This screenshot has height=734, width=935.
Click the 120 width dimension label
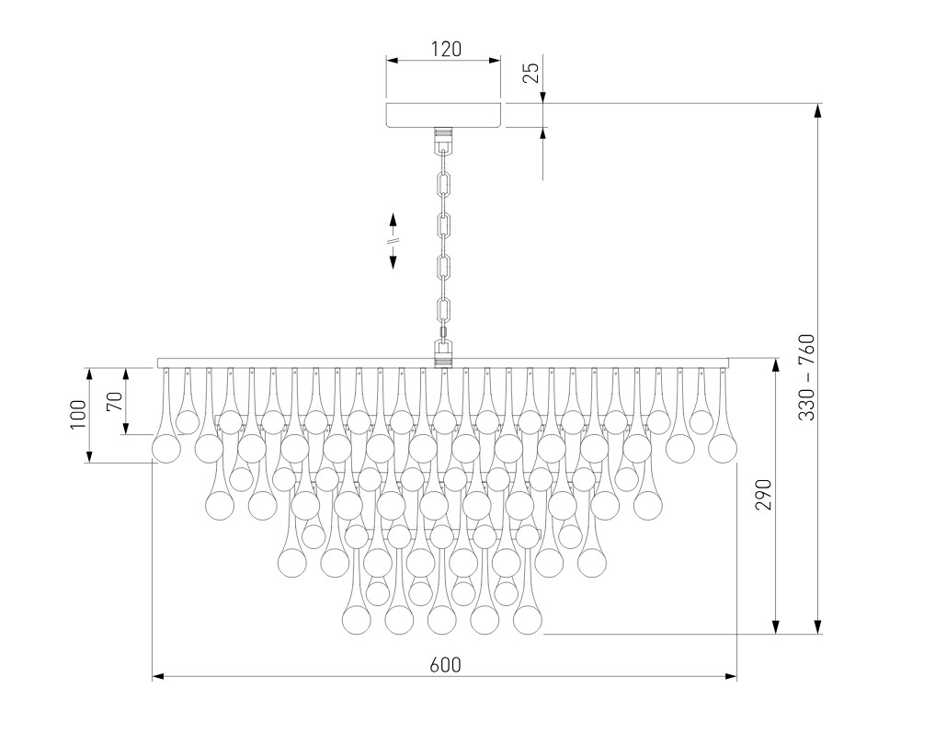click(447, 49)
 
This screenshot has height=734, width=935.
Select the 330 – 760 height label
click(806, 377)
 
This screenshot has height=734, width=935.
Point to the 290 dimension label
click(764, 494)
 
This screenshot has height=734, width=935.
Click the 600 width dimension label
click(446, 664)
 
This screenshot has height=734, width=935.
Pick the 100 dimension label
click(78, 415)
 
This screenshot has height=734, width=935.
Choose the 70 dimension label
click(115, 400)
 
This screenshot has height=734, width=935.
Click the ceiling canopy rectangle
click(444, 115)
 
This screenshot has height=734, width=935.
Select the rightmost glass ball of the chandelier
click(723, 449)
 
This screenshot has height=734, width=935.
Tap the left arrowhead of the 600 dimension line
click(158, 677)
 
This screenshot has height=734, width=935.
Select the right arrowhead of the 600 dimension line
click(732, 677)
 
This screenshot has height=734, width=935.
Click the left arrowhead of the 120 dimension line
click(392, 60)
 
